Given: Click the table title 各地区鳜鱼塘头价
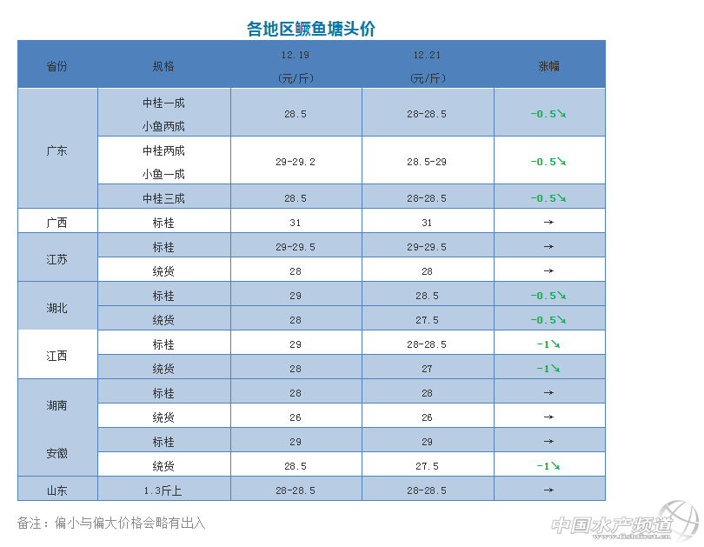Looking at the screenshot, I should (x=311, y=29).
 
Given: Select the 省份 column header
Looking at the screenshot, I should (x=56, y=66).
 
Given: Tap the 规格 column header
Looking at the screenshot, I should (x=163, y=66).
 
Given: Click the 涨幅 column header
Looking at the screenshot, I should (x=548, y=66).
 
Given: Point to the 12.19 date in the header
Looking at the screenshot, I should (x=296, y=55).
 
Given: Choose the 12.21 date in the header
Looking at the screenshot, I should (x=427, y=55).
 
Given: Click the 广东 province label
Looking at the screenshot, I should (x=56, y=150).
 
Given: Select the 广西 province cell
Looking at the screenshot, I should (x=56, y=222).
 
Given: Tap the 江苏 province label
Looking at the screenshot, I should (x=56, y=259).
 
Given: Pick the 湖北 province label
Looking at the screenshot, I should (x=56, y=308).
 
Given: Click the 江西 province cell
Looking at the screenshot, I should (x=56, y=356).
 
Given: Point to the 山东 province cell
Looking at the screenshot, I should (x=56, y=490).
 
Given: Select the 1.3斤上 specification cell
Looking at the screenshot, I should (x=163, y=490).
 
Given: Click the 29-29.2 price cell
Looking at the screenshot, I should (x=296, y=162).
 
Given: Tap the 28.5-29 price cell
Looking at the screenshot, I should (x=427, y=162).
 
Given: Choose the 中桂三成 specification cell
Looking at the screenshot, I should (x=163, y=198).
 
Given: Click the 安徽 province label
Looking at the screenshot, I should (x=56, y=453).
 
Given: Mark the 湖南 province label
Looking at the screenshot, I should (x=56, y=405).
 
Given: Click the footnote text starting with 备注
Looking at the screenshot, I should (x=111, y=523).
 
